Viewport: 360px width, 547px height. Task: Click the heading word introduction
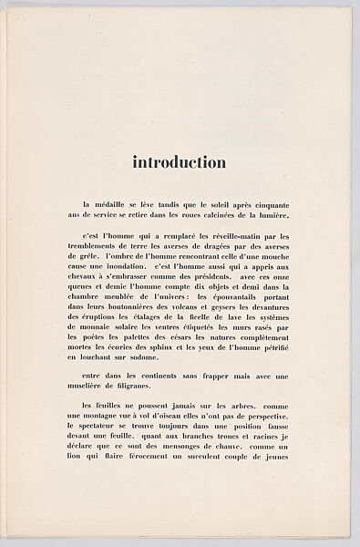pyautogui.click(x=180, y=164)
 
